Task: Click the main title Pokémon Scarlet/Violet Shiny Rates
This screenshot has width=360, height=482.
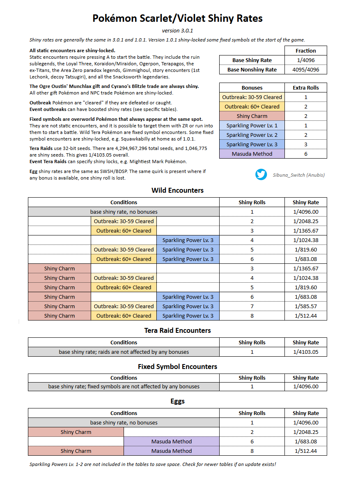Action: click(177, 18)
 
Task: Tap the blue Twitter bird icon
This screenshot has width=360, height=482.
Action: click(261, 175)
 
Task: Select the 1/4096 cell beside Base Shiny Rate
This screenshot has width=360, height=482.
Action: click(305, 60)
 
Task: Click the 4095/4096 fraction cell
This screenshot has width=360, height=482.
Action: click(305, 69)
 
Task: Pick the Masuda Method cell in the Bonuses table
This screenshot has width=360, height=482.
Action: click(252, 154)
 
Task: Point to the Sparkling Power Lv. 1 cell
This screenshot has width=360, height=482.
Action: click(252, 125)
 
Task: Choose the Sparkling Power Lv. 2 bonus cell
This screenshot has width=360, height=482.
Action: click(252, 135)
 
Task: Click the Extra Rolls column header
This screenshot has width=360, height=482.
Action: click(305, 88)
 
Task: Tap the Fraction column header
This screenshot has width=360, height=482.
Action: click(305, 51)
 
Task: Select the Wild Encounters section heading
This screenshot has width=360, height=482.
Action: click(177, 190)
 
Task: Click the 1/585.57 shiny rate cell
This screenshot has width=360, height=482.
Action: click(305, 306)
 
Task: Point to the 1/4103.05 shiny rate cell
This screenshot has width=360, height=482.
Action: click(305, 352)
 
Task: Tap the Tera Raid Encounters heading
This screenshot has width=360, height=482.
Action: click(177, 330)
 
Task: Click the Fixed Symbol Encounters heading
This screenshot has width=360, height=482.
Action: click(177, 367)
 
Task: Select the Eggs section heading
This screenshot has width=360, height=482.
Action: click(177, 401)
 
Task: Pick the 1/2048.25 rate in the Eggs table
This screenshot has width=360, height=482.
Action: click(305, 432)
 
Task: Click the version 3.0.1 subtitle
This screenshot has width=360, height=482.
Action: click(177, 30)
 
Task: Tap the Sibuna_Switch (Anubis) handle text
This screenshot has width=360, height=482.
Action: click(298, 175)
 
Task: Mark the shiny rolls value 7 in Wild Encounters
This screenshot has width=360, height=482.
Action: click(252, 306)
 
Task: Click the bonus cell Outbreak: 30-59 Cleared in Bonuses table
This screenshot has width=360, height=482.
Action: click(252, 97)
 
